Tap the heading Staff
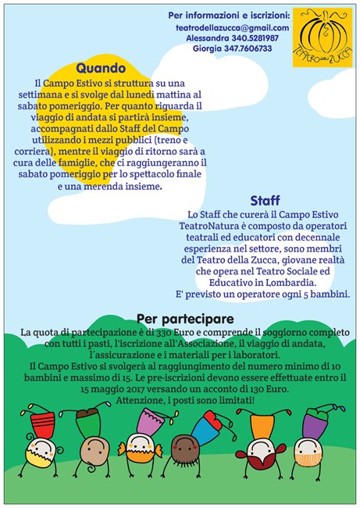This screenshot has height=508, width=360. point(266,200)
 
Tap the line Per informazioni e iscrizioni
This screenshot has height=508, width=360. point(229,14)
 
